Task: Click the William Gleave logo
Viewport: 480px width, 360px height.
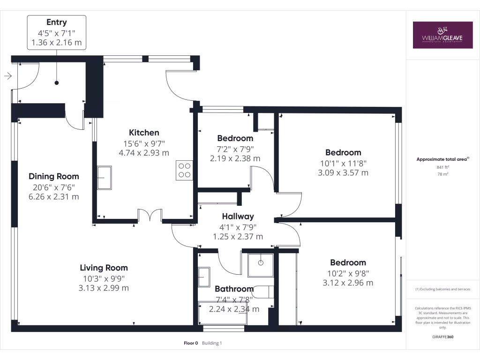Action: (442, 35)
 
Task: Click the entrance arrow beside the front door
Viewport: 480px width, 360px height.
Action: (8, 75)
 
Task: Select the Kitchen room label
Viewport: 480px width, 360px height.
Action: (144, 133)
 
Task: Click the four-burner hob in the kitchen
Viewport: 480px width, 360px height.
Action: (184, 170)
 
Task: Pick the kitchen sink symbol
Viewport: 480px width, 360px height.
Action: (105, 177)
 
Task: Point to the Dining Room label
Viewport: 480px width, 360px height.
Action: (54, 176)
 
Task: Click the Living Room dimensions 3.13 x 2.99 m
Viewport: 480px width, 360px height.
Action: (104, 288)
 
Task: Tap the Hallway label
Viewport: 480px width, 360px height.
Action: (238, 216)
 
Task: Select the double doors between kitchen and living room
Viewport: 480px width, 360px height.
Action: (150, 216)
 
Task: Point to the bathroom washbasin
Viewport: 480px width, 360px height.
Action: (205, 277)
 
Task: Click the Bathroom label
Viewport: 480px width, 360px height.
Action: (234, 289)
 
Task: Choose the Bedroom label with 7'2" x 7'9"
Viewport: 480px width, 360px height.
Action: (235, 138)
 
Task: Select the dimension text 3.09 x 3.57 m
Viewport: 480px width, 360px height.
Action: (343, 172)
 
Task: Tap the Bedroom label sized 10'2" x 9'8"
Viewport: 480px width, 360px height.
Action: (348, 262)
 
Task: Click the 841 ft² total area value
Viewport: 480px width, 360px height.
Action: (442, 167)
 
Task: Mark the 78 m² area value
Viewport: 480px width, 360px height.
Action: (442, 174)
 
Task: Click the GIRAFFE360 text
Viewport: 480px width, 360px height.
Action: (442, 337)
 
